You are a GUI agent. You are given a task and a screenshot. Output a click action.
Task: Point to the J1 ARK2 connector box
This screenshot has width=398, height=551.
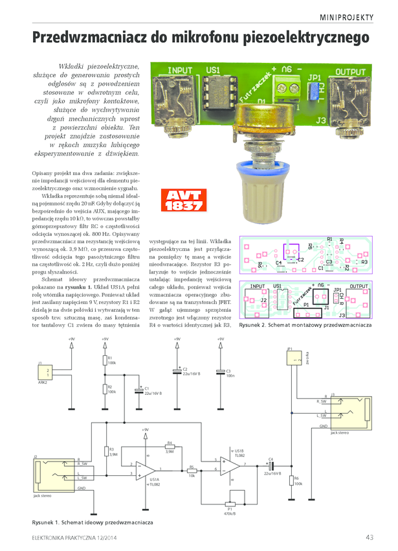pos(45,373)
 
